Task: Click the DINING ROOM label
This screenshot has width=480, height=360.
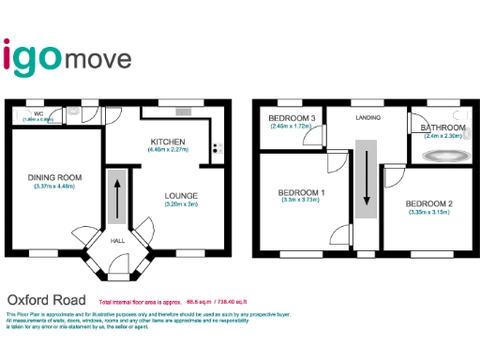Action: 54,177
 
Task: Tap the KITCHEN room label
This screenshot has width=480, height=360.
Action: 169,142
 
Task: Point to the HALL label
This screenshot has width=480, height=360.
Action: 118,241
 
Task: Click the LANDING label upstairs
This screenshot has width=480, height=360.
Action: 367,118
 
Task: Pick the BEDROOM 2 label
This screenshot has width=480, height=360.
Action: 429,203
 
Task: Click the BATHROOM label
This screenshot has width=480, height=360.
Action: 442,127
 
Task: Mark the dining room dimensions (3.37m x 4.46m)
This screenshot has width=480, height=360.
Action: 54,186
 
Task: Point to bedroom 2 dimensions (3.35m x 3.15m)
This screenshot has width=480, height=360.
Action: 429,213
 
